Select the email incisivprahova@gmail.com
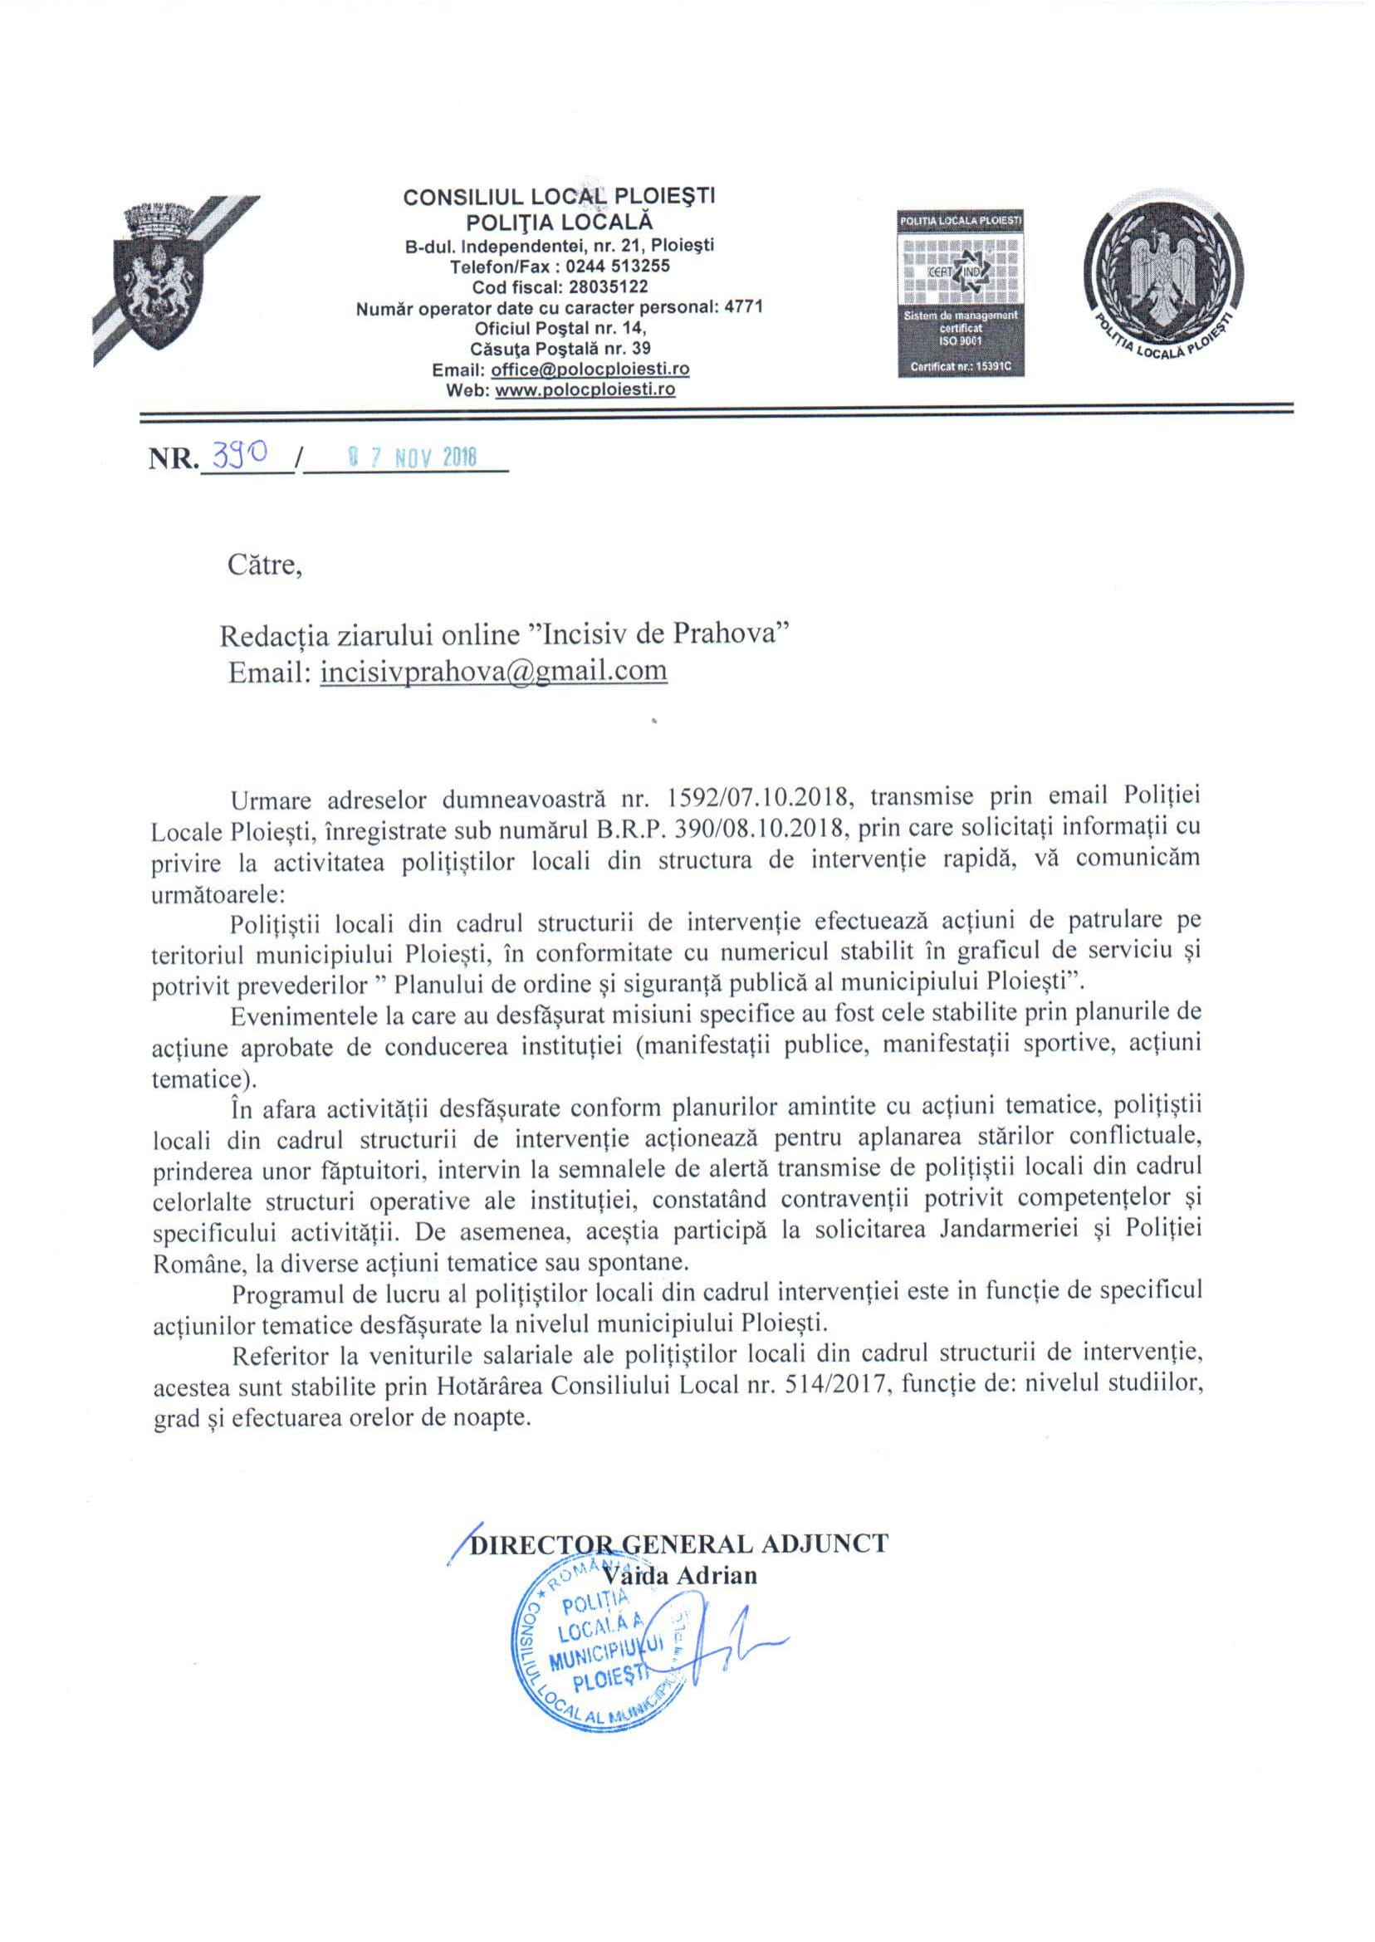(493, 671)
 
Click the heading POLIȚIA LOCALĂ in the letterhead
(559, 222)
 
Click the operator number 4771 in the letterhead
(744, 307)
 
